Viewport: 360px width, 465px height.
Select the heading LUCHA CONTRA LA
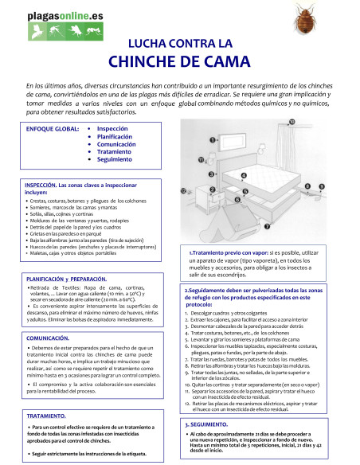(180, 42)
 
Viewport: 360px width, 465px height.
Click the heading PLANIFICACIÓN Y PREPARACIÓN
(66, 279)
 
